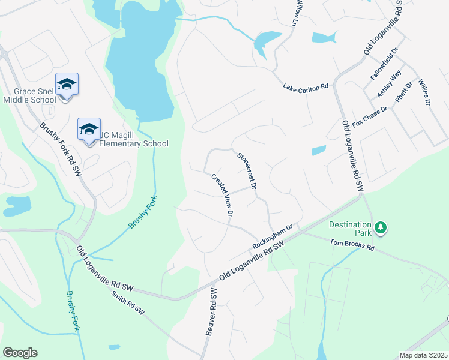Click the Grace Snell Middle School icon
[67, 84]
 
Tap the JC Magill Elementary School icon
[89, 129]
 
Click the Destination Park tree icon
[380, 228]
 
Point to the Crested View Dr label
[221, 194]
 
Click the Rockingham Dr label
[272, 237]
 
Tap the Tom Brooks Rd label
[352, 244]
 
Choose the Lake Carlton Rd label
[306, 87]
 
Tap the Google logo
[20, 353]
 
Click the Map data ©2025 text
[423, 355]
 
